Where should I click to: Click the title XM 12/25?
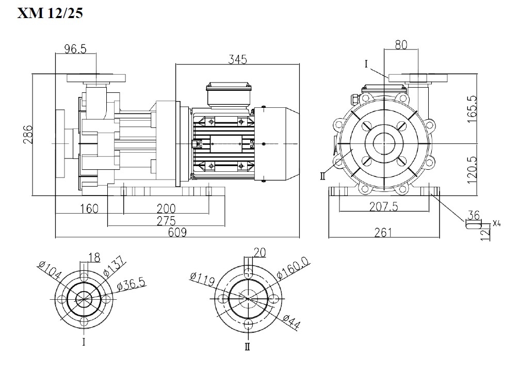point(50,13)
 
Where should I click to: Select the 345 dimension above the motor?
point(238,59)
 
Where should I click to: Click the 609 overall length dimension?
point(176,232)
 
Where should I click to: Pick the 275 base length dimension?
point(166,220)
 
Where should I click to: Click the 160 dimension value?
point(89,208)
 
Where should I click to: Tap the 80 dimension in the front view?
point(401,45)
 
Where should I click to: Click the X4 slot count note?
point(497,223)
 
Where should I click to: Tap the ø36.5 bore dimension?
point(131,284)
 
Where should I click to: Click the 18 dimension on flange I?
point(94,257)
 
